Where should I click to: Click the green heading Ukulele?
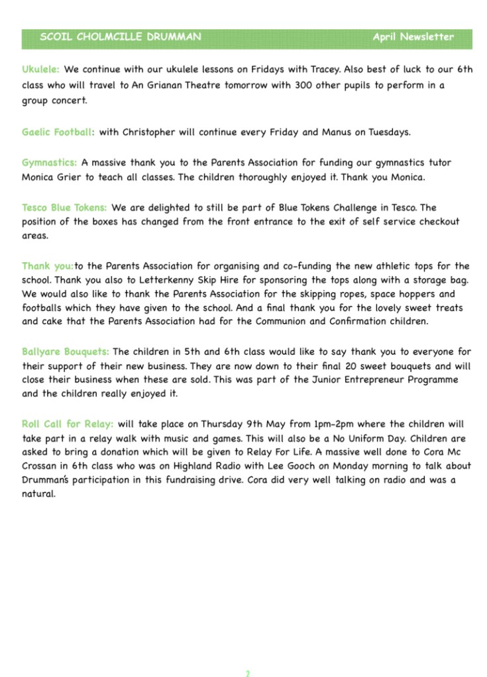click(40, 69)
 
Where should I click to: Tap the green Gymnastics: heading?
click(50, 162)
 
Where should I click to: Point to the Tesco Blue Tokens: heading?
click(64, 208)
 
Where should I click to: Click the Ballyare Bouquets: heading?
click(66, 351)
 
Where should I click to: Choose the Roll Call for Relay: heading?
click(68, 424)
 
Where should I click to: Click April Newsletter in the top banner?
click(413, 37)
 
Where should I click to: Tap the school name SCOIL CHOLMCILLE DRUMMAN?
click(120, 37)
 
